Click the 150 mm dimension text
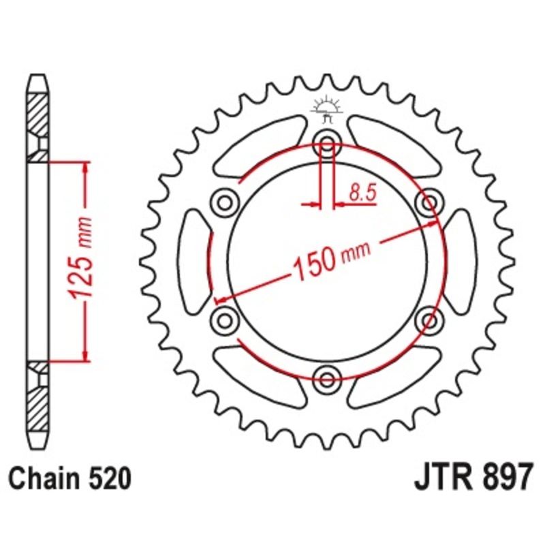(x=332, y=259)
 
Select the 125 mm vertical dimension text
(x=84, y=259)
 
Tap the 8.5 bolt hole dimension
(x=362, y=193)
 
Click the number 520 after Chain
(x=110, y=479)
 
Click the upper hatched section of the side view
(x=37, y=112)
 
